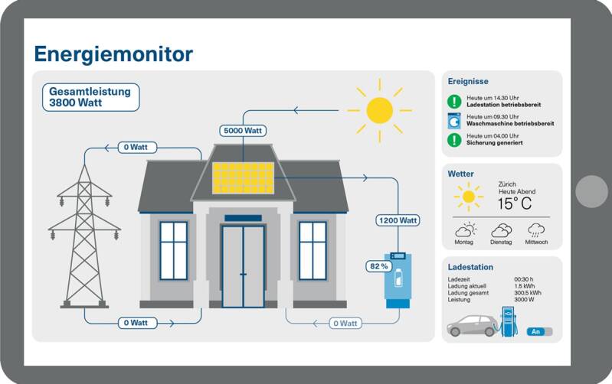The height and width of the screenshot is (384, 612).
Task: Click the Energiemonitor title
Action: [x=113, y=54]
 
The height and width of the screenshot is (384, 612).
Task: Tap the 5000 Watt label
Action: [x=243, y=131]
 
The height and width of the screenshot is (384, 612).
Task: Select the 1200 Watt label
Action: [x=398, y=220]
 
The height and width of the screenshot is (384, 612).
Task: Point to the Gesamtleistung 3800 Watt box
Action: [x=90, y=97]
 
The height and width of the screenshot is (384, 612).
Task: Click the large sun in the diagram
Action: [x=379, y=111]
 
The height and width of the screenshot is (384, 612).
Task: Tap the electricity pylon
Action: [x=84, y=233]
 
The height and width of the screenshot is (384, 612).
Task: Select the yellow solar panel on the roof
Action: [x=243, y=178]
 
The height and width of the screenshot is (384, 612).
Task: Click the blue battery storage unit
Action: [x=397, y=279]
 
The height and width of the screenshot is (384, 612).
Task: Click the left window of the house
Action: [x=173, y=250]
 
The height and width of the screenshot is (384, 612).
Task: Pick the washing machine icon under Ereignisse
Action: [x=454, y=120]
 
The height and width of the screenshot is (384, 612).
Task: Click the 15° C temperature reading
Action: [x=514, y=203]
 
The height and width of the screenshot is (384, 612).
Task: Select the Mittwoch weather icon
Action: [x=536, y=229]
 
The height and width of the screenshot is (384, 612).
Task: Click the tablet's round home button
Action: [x=591, y=191]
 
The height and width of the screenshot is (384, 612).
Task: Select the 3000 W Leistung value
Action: [x=524, y=299]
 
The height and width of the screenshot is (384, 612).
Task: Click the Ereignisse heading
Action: [x=468, y=81]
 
